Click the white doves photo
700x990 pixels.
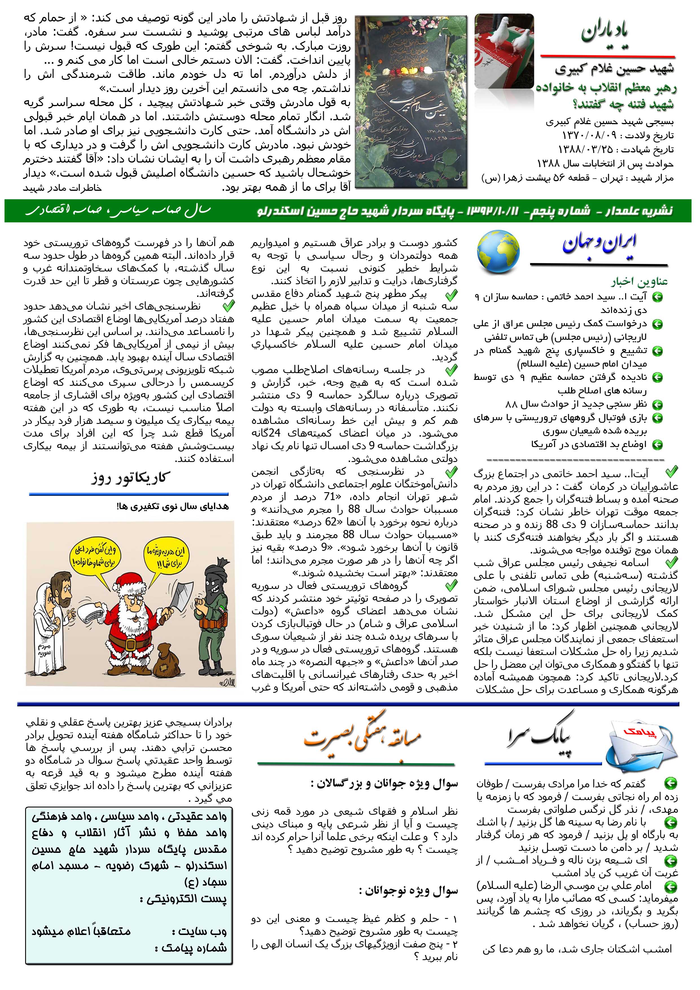coord(503,51)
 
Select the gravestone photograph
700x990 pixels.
coord(411,102)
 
